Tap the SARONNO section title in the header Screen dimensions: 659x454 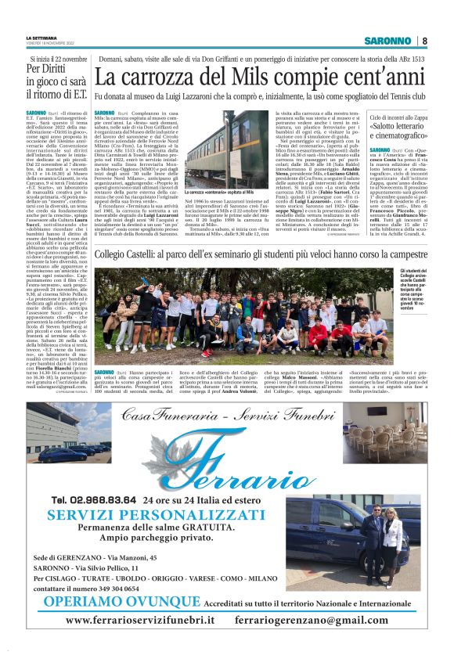pos(390,41)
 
